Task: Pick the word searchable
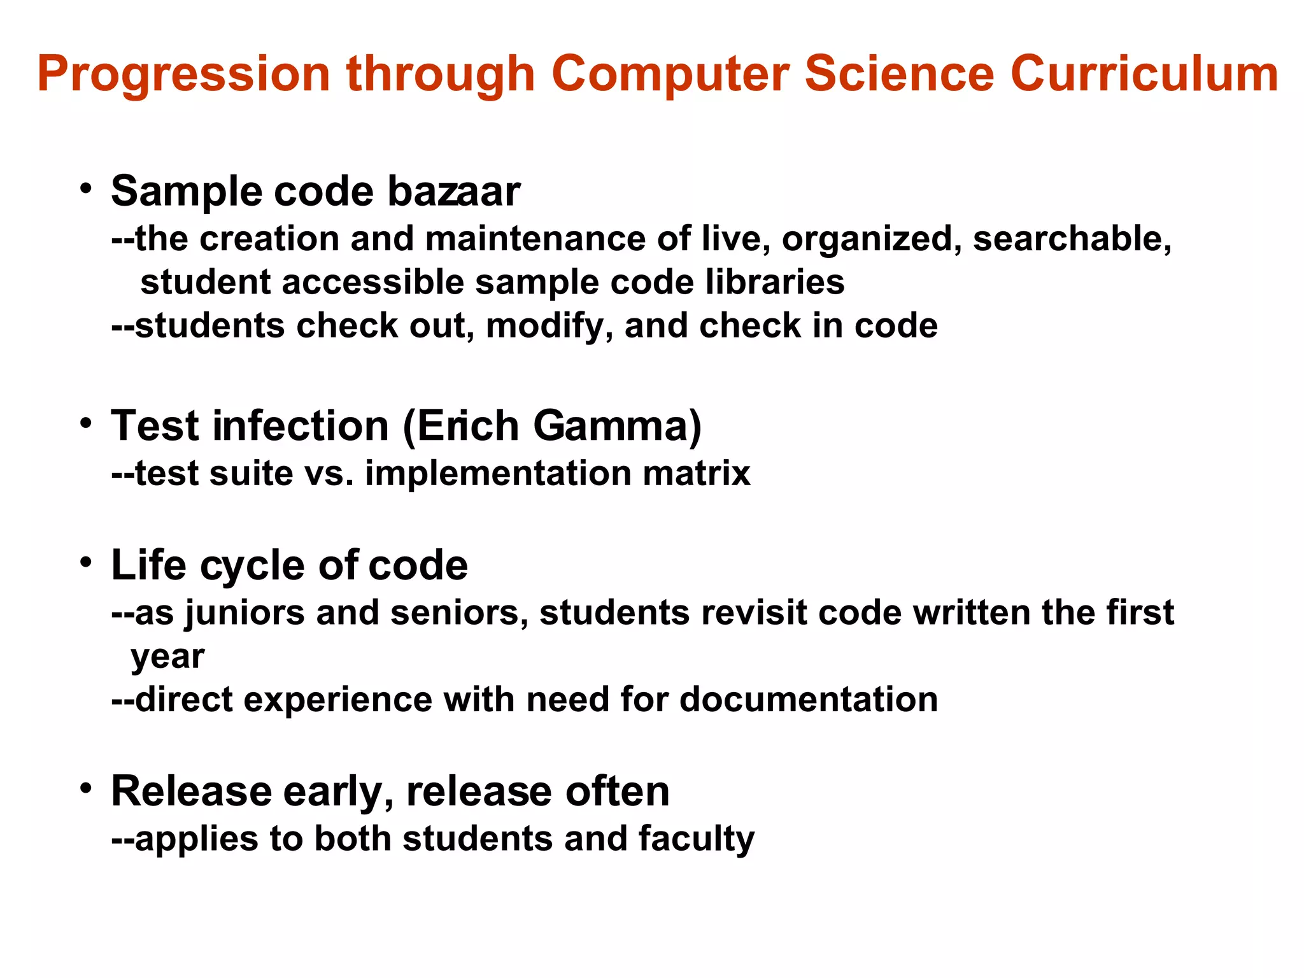click(x=1072, y=239)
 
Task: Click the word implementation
click(x=498, y=474)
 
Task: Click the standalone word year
click(x=167, y=657)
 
